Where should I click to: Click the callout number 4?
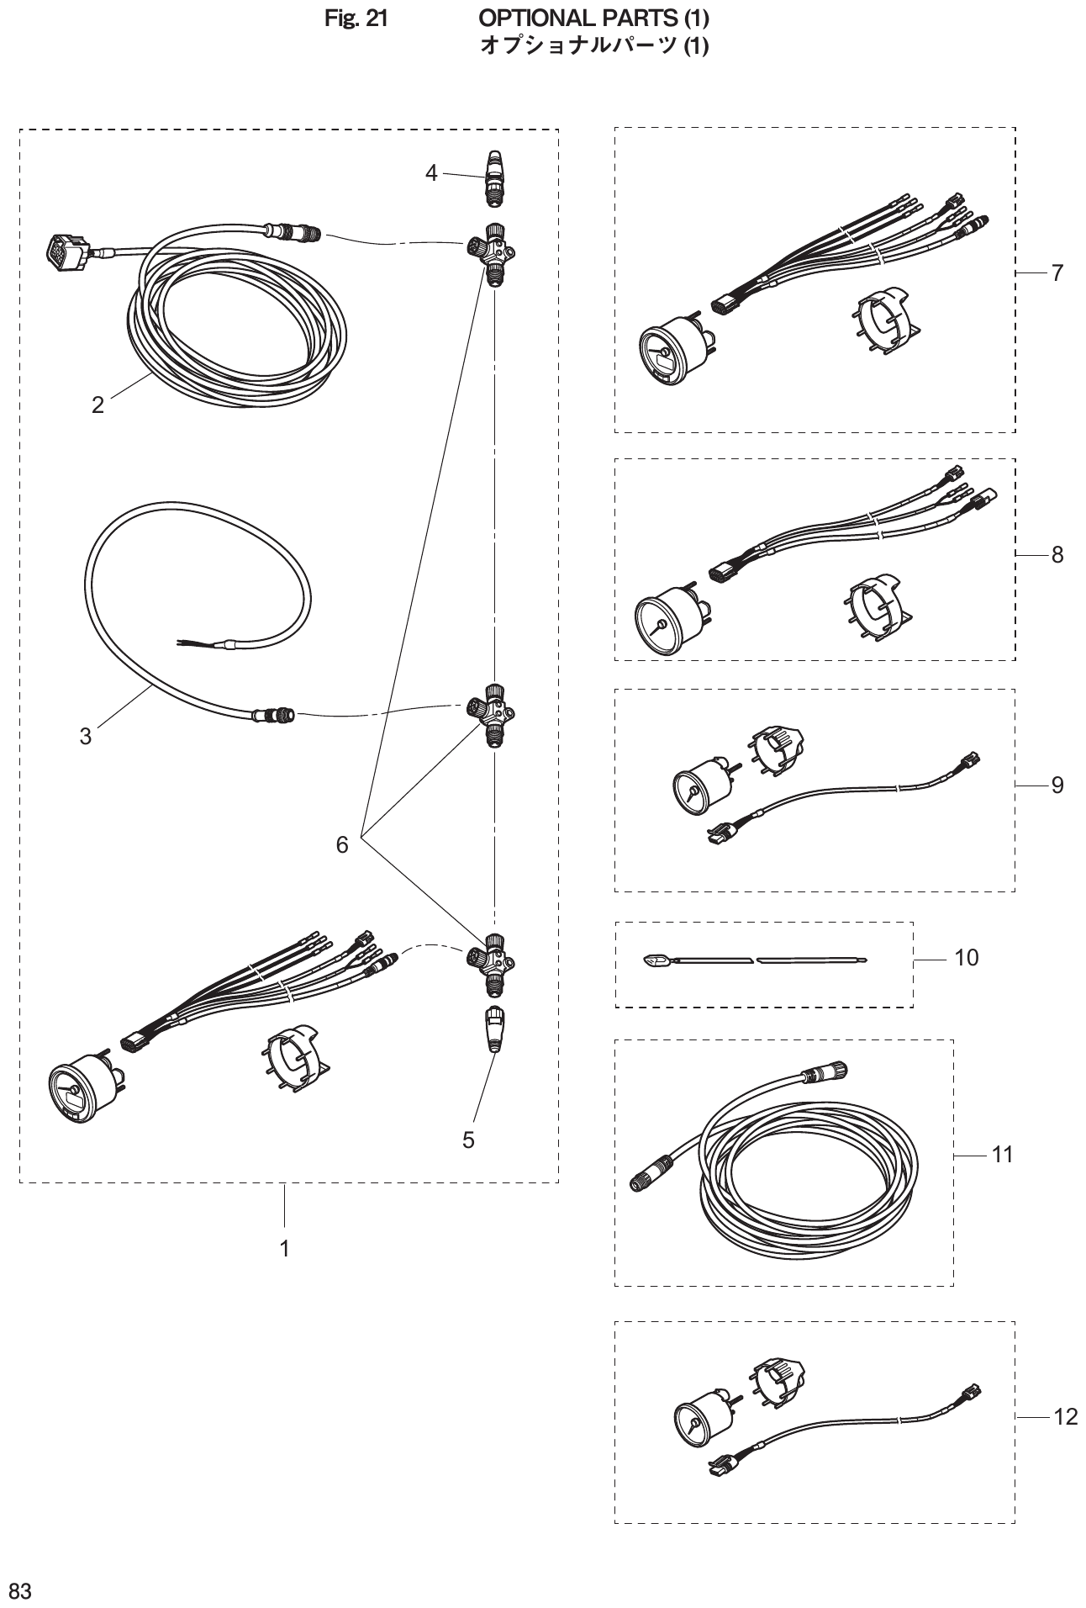coord(431,173)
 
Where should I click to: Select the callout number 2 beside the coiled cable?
coord(98,405)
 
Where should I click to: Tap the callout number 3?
coord(86,736)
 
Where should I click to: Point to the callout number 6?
coord(342,845)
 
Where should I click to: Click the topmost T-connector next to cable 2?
coord(491,250)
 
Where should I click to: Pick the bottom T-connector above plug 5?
coord(491,959)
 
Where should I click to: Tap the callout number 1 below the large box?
coord(285,1249)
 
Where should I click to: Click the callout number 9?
coord(1057,785)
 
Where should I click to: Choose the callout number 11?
coord(1003,1155)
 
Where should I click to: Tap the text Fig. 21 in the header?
coord(356,17)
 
